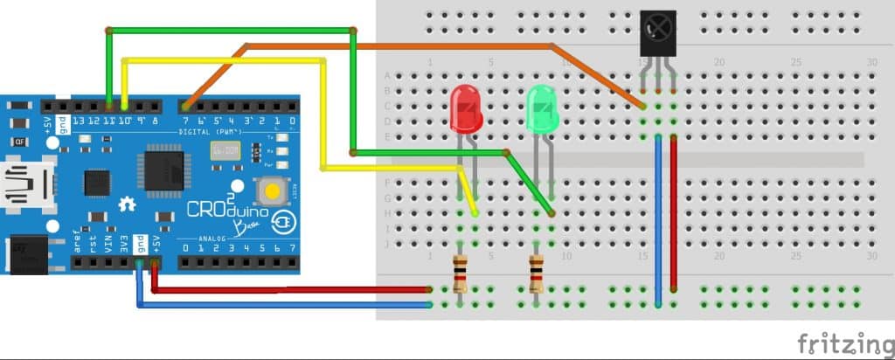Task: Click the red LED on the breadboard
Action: (465, 110)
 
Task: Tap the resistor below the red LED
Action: (461, 273)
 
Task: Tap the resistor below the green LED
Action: (537, 273)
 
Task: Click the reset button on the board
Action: (272, 189)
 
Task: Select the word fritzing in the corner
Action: (844, 342)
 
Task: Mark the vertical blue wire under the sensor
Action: (658, 218)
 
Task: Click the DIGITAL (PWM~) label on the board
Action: (219, 131)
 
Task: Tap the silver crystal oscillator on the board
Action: (225, 149)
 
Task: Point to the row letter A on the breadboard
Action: (388, 75)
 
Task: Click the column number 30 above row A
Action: (871, 62)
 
